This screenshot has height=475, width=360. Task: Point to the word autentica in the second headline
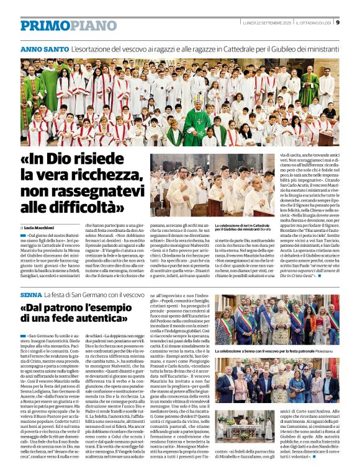point(95,323)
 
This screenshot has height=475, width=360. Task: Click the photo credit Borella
point(271,229)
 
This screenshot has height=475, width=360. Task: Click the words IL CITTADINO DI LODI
point(314,23)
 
